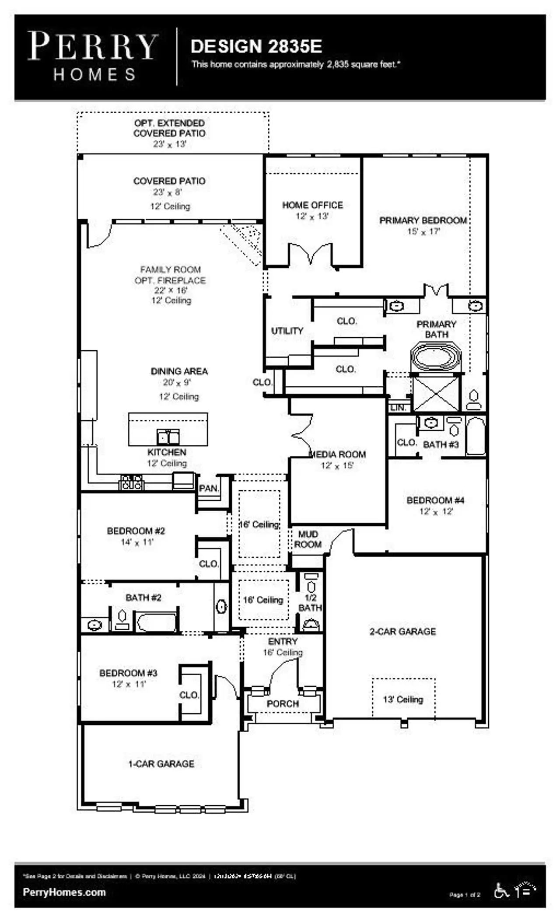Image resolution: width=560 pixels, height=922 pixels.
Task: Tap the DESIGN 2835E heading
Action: [x=256, y=46]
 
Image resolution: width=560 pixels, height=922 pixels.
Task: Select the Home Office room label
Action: [x=312, y=205]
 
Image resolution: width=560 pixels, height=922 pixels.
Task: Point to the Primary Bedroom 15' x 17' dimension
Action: [x=423, y=232]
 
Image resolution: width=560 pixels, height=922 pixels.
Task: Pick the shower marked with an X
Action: [x=436, y=393]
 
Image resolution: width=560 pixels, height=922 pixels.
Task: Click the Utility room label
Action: [x=287, y=331]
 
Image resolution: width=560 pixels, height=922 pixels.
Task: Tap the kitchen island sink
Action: [x=168, y=437]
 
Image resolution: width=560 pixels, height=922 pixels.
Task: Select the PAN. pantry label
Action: [x=209, y=489]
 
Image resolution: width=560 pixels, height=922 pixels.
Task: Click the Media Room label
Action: [x=337, y=454]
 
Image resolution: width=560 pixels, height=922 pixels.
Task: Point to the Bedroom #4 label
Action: [x=435, y=500]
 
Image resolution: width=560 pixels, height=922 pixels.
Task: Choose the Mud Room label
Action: [x=308, y=539]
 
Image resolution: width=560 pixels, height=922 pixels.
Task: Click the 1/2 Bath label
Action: [x=310, y=603]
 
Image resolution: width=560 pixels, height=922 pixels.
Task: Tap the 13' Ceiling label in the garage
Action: [x=403, y=699]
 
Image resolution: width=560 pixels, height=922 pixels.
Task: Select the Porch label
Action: [x=283, y=704]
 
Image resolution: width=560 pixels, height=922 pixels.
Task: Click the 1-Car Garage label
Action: [x=161, y=764]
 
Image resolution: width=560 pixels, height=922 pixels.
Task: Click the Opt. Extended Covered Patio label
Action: [x=169, y=128]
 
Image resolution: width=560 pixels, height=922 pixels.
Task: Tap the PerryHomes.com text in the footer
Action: [x=64, y=892]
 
